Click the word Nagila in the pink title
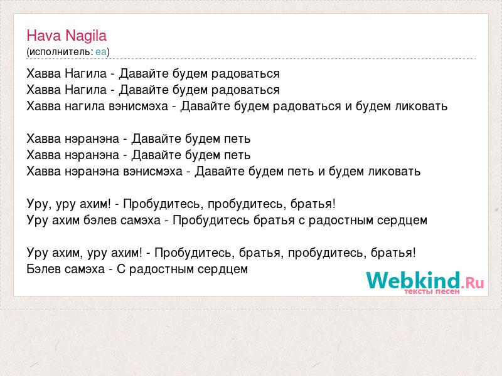coord(86,36)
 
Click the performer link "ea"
coord(101,52)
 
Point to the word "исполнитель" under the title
coord(60,52)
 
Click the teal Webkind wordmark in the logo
coord(414,280)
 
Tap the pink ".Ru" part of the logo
coord(473,282)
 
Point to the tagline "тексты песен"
coord(432,291)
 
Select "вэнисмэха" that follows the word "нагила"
coord(138,106)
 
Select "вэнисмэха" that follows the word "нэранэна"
coord(152,171)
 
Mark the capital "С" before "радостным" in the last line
coord(121,269)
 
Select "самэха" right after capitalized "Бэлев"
coord(85,269)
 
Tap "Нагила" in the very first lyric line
coord(86,73)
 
